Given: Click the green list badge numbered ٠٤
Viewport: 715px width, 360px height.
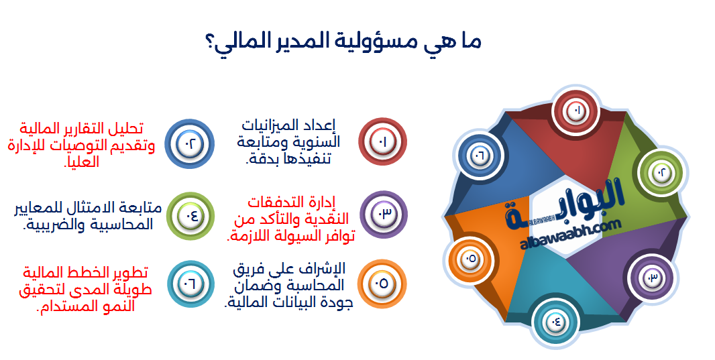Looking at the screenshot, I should tap(190, 216).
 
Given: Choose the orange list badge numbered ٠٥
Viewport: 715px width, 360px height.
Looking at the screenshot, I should tap(382, 284).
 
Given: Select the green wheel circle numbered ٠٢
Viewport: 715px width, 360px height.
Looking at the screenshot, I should tap(661, 173).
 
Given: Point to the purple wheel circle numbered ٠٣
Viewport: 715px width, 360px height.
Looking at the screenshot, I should tap(651, 277).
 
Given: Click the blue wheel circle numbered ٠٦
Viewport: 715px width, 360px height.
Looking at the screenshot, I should tap(480, 156).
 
